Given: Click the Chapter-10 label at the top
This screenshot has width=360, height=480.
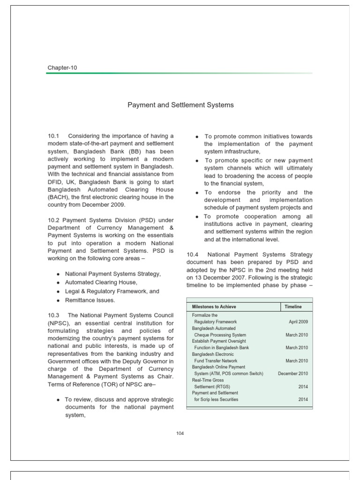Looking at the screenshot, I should [62, 67].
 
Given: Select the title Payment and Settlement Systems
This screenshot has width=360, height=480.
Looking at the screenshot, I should [180, 105].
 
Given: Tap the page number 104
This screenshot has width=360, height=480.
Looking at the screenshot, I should [180, 433].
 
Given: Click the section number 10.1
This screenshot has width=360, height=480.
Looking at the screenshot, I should [52, 136].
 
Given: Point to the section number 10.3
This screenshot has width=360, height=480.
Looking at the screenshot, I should [52, 315].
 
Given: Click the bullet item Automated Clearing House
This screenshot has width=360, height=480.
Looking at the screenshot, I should [101, 282].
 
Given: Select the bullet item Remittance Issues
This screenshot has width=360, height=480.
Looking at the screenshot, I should [90, 300].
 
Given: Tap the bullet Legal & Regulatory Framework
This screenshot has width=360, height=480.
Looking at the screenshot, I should [112, 291].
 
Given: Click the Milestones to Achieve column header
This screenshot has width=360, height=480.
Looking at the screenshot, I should [214, 307].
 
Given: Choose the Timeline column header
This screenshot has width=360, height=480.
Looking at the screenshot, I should [293, 307].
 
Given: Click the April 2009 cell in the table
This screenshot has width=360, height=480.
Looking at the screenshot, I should [298, 322].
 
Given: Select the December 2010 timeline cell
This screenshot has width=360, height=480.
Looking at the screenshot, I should [292, 374].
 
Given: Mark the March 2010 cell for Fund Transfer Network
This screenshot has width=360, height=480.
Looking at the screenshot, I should [296, 361].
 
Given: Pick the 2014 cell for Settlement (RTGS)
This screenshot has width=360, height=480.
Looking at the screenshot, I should [303, 387].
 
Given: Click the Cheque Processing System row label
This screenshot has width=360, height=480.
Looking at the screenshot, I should [220, 335].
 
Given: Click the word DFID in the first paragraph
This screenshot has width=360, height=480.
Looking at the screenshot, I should [56, 182].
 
